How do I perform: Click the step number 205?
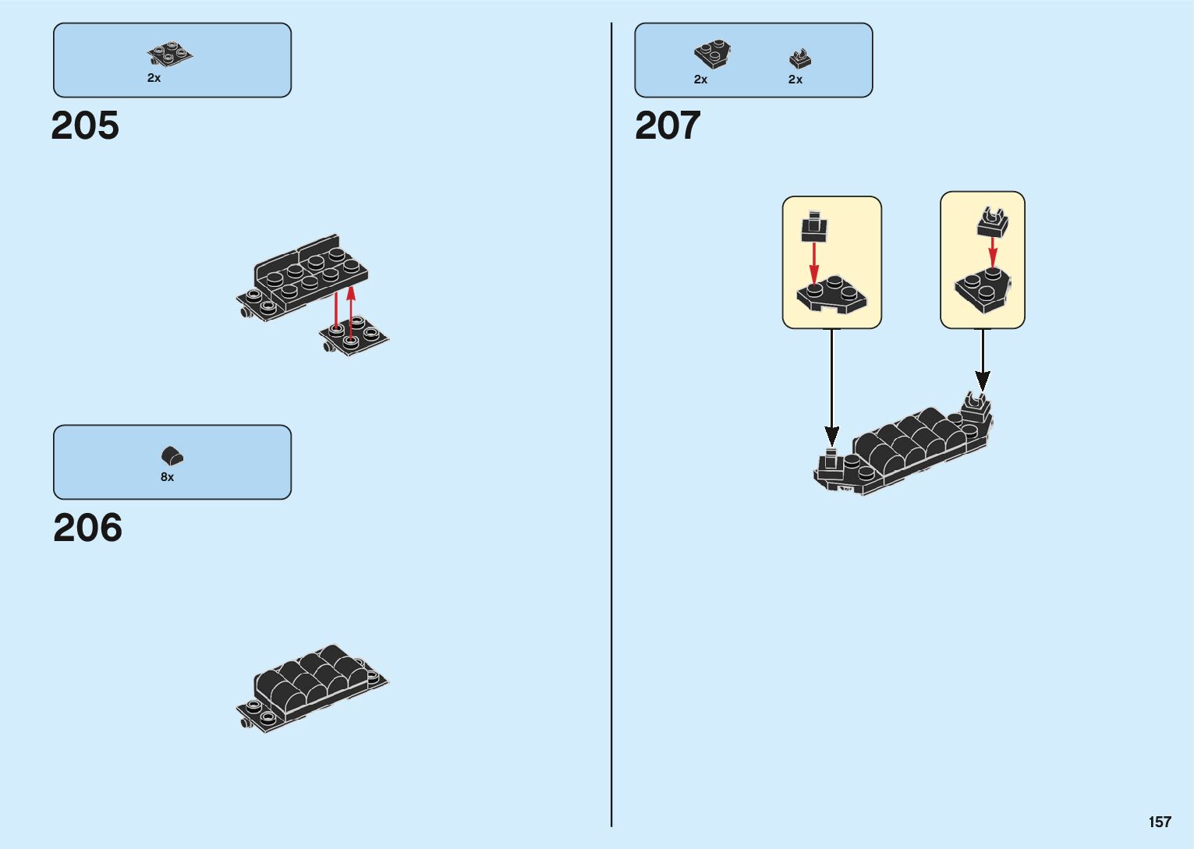click(x=85, y=126)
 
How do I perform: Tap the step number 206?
click(x=87, y=528)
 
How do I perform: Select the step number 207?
click(x=668, y=126)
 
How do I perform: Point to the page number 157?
click(x=1159, y=822)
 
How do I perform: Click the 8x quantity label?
click(x=167, y=477)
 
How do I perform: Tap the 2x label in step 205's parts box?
click(x=154, y=78)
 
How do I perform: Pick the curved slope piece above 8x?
click(x=172, y=455)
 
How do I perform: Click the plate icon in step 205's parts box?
click(x=170, y=55)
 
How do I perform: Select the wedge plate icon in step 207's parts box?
click(x=712, y=55)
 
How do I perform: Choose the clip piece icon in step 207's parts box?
click(x=799, y=58)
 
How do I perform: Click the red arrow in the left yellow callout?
click(x=814, y=262)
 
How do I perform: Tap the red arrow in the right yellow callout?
click(x=992, y=251)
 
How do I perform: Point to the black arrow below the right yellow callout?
click(x=983, y=360)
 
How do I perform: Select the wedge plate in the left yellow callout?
click(x=831, y=294)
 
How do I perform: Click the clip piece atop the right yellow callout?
click(x=992, y=222)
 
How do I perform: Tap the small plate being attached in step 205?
click(x=353, y=337)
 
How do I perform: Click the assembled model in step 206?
click(x=312, y=686)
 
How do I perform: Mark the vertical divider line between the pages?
click(x=611, y=425)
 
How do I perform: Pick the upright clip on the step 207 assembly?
click(x=974, y=405)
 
